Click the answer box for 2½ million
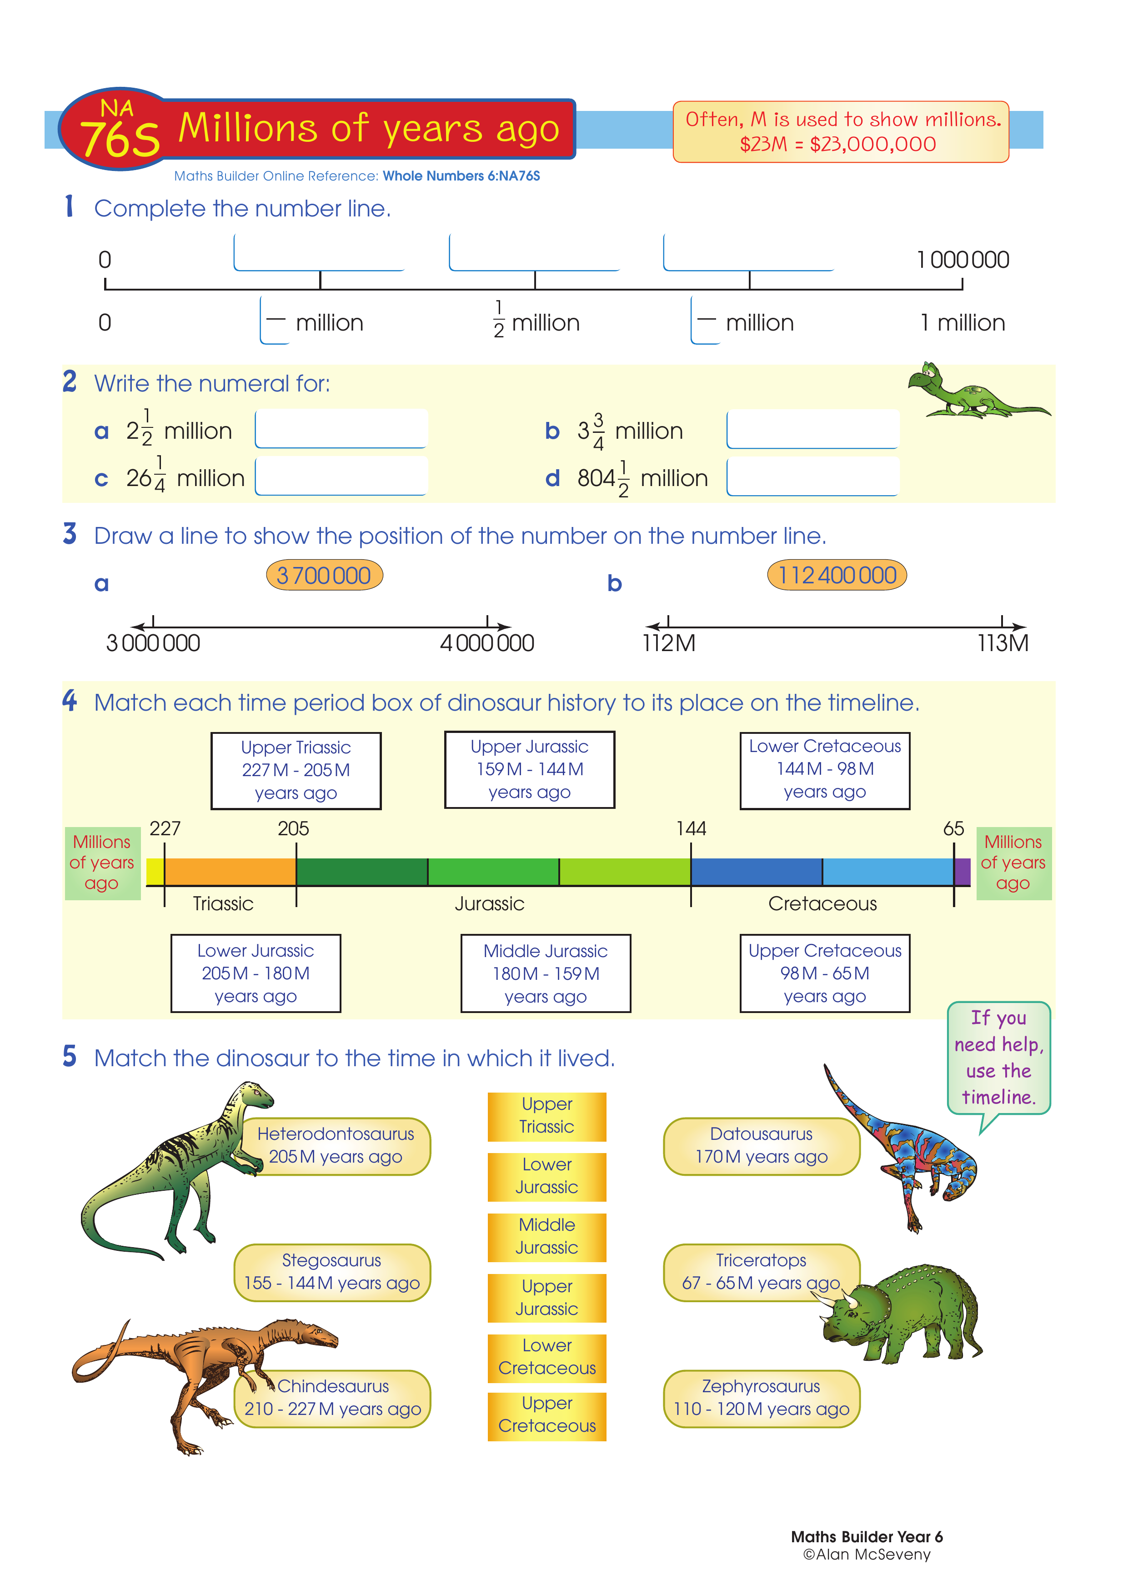click(x=341, y=429)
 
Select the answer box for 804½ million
click(x=812, y=476)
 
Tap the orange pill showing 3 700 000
click(x=324, y=575)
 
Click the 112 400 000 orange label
click(x=837, y=575)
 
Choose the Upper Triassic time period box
click(x=296, y=770)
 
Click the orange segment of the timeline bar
click(x=230, y=872)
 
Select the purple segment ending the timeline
click(x=962, y=872)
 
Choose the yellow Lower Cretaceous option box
click(x=546, y=1357)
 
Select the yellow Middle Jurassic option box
click(x=546, y=1237)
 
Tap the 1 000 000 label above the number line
click(x=963, y=260)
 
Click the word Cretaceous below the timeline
click(x=822, y=904)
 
